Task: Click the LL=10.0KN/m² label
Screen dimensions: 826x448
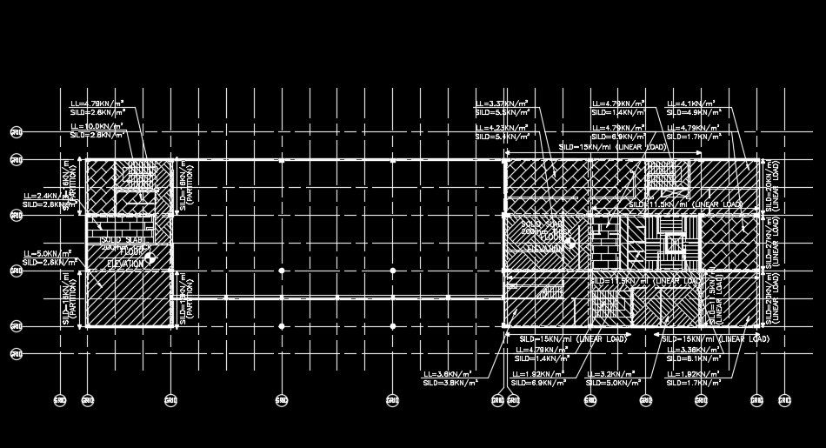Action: tap(97, 126)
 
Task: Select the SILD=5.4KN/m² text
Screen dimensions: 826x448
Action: tap(502, 137)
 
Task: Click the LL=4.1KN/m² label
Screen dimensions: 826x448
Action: tap(691, 104)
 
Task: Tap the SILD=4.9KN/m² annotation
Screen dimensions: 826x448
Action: tap(693, 112)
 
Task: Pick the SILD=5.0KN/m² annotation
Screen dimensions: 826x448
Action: tap(613, 383)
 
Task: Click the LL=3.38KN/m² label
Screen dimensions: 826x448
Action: tap(692, 349)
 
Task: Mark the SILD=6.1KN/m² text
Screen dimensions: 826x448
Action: tap(693, 358)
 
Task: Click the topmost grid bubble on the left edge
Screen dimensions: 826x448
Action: tap(16, 132)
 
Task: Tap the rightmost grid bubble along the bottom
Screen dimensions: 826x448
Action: tap(783, 400)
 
